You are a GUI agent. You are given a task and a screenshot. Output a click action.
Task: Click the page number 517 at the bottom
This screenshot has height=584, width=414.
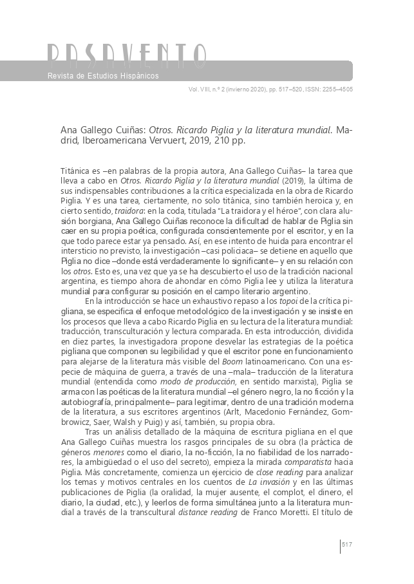tap(348, 545)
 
